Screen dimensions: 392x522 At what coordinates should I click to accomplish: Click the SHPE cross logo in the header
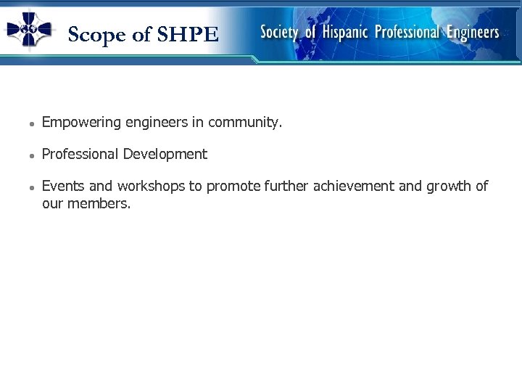coord(29,29)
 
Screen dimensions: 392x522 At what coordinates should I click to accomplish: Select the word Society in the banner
coord(279,32)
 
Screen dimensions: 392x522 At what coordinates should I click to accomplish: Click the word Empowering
coord(81,123)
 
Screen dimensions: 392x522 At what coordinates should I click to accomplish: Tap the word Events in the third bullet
coord(62,186)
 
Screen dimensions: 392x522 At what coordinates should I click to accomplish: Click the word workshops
coord(151,186)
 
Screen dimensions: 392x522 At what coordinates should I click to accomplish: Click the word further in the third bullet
coord(286,186)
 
